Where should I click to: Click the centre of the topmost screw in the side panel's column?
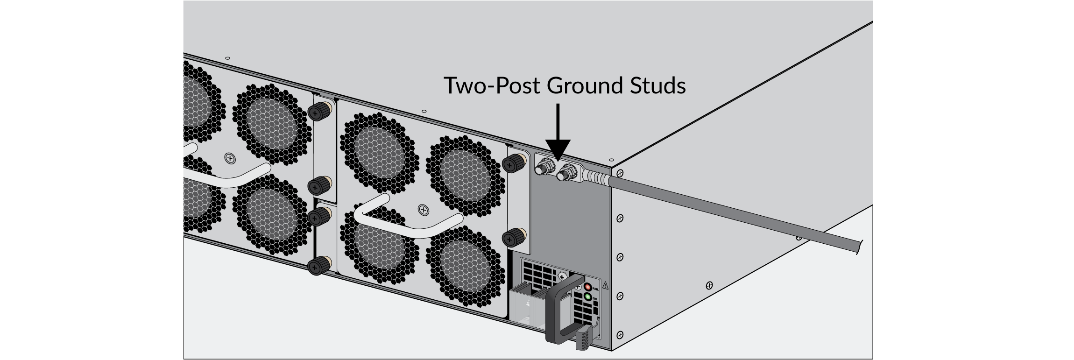pos(619,173)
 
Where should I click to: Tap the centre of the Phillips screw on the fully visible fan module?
pos(423,210)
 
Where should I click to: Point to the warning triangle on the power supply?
pos(606,284)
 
